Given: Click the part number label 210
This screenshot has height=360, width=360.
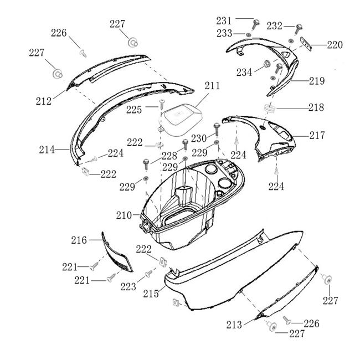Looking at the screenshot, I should (124, 214).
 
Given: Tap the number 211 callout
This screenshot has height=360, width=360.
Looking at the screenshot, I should (212, 86).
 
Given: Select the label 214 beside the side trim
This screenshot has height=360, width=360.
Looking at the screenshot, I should (47, 149).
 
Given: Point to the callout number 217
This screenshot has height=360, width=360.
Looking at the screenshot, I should (317, 135).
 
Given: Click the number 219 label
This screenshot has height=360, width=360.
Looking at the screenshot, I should (317, 81).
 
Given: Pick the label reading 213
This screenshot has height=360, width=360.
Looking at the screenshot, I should (234, 325).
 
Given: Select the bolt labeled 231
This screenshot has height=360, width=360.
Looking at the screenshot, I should (256, 24).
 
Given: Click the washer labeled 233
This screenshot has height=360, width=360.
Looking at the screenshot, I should (249, 35).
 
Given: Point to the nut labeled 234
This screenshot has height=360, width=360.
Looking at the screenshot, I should (265, 64).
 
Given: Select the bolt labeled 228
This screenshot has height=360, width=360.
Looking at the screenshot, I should (146, 163).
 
